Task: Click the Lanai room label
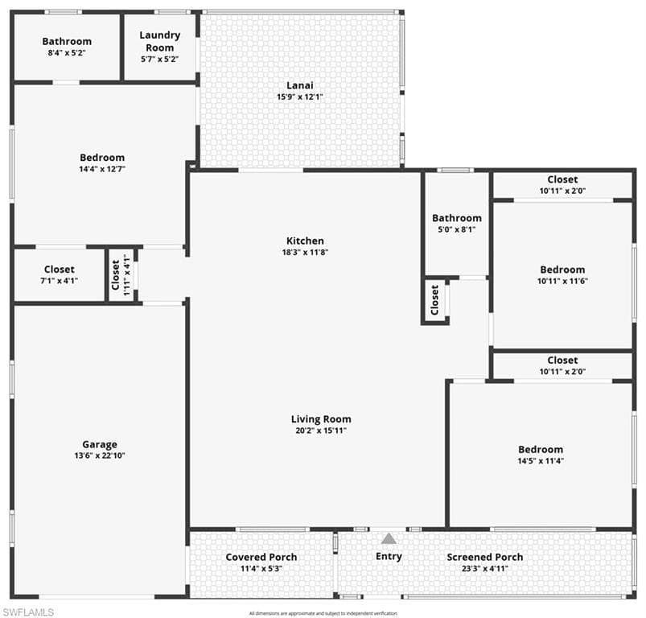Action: [299, 85]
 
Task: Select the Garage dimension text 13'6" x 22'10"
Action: [100, 455]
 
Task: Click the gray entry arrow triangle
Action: [389, 538]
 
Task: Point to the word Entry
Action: [389, 556]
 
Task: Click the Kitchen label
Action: [305, 241]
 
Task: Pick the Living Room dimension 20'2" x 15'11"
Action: [321, 431]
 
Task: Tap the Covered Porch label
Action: [261, 557]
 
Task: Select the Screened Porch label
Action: [484, 557]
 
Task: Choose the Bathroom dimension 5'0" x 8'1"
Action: [456, 229]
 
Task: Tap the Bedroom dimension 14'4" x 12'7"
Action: [102, 169]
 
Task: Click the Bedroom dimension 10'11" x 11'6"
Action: [562, 281]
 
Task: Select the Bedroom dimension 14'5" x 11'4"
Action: [540, 461]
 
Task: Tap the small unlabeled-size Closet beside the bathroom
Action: [435, 300]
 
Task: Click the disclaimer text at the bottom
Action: [323, 613]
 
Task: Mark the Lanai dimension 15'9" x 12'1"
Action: [299, 97]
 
